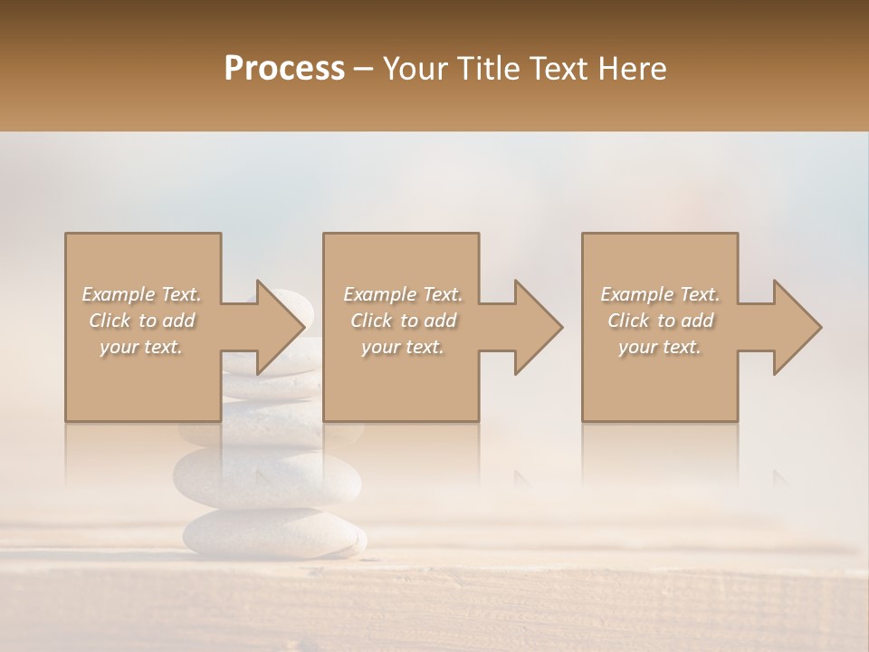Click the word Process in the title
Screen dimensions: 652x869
pos(284,69)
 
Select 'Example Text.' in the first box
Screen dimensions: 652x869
pos(142,294)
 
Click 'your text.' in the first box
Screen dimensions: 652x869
pos(142,347)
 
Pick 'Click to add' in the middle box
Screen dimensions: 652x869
pos(403,321)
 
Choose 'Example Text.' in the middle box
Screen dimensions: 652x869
pos(403,294)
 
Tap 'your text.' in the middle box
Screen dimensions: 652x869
pos(403,347)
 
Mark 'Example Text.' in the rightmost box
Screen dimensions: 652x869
pos(660,294)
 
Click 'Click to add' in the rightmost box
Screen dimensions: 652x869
pos(660,321)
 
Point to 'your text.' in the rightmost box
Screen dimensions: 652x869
pos(660,347)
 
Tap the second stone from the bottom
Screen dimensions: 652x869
pos(267,475)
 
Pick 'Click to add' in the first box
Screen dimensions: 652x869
pos(142,321)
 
